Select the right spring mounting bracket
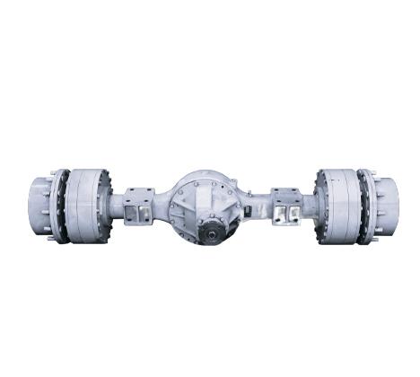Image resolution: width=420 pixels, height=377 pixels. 286,207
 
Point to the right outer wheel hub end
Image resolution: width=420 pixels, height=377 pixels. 385,206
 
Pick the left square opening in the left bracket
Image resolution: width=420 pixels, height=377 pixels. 134,213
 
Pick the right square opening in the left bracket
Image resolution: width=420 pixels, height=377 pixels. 145,213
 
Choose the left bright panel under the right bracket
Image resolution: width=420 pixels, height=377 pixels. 280,215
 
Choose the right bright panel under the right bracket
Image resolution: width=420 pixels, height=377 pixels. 293,215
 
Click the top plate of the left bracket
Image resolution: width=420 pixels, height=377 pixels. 139,191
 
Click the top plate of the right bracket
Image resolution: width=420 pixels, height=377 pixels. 286,191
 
